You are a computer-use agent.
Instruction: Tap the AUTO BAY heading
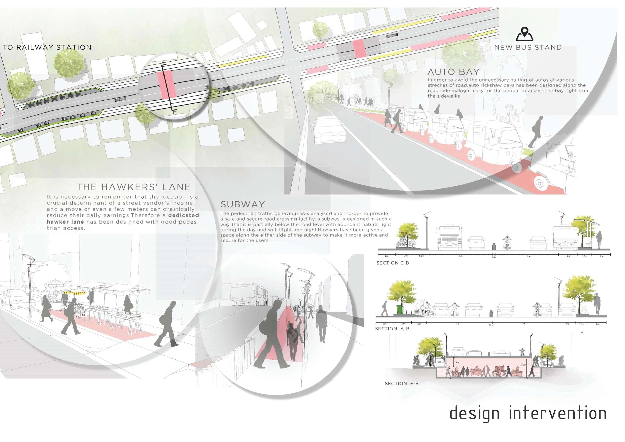click(x=453, y=72)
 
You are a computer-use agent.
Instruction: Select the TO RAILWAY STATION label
click(x=47, y=47)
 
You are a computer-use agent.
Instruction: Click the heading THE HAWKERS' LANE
click(x=133, y=187)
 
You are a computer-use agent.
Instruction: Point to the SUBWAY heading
click(x=243, y=204)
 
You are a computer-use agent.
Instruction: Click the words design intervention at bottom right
click(x=528, y=413)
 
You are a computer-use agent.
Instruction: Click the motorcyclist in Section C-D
click(x=507, y=242)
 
